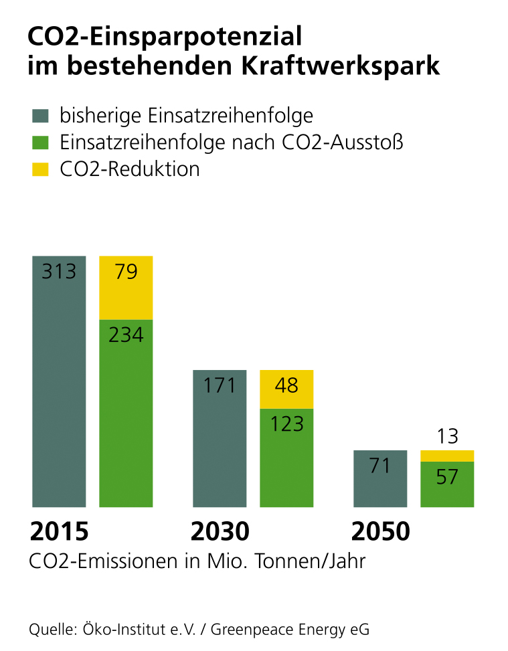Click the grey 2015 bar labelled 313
(x=59, y=381)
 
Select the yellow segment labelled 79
(x=126, y=288)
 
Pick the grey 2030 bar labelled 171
(x=220, y=438)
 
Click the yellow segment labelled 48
(x=286, y=389)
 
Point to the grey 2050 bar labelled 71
(x=379, y=478)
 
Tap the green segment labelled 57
(x=447, y=484)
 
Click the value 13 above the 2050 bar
(x=447, y=436)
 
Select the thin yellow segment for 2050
(x=447, y=456)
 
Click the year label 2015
(x=59, y=532)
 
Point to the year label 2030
(x=220, y=532)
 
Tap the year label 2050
(x=380, y=532)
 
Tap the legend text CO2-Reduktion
(x=130, y=169)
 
